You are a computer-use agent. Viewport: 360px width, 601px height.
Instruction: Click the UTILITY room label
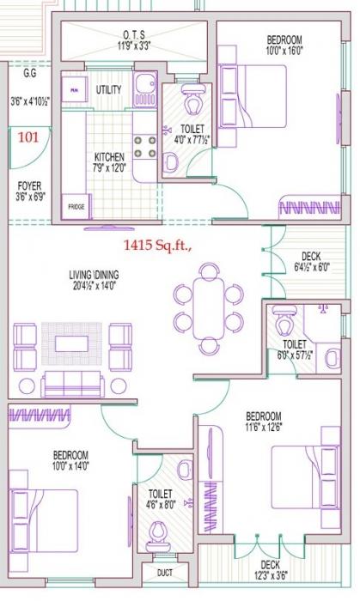coord(108,89)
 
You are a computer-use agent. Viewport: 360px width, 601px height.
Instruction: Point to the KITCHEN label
coord(109,157)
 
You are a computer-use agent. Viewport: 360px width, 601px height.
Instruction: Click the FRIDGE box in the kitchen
coord(76,207)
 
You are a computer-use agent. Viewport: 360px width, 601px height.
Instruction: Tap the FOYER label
coord(29,185)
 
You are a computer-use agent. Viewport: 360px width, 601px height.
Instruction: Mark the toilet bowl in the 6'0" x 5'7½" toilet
coord(284,325)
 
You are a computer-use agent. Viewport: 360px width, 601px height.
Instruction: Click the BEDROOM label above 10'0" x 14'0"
coord(70,454)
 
